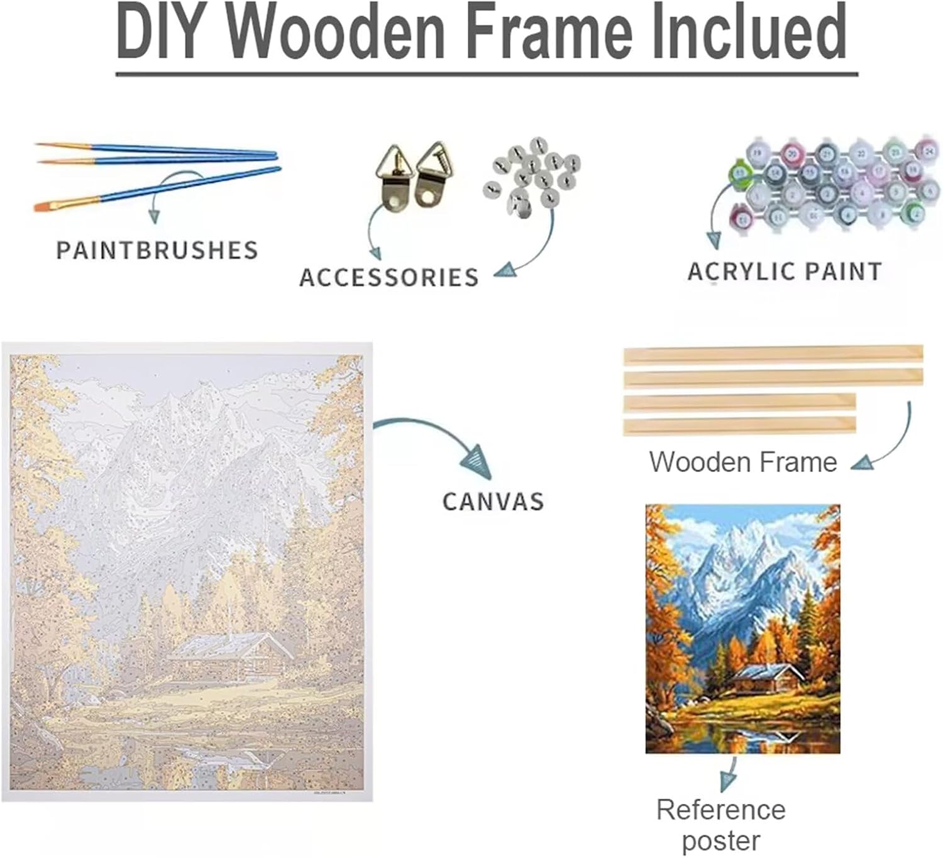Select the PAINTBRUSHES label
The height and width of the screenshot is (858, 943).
(x=157, y=250)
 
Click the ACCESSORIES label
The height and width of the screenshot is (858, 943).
(x=389, y=277)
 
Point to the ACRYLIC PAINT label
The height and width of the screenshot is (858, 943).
(x=784, y=272)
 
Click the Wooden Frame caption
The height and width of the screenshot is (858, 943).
(x=743, y=462)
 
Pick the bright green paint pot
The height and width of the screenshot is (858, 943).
(x=739, y=174)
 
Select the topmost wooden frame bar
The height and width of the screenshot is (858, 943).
(x=773, y=354)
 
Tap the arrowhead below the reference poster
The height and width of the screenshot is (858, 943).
(x=728, y=781)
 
